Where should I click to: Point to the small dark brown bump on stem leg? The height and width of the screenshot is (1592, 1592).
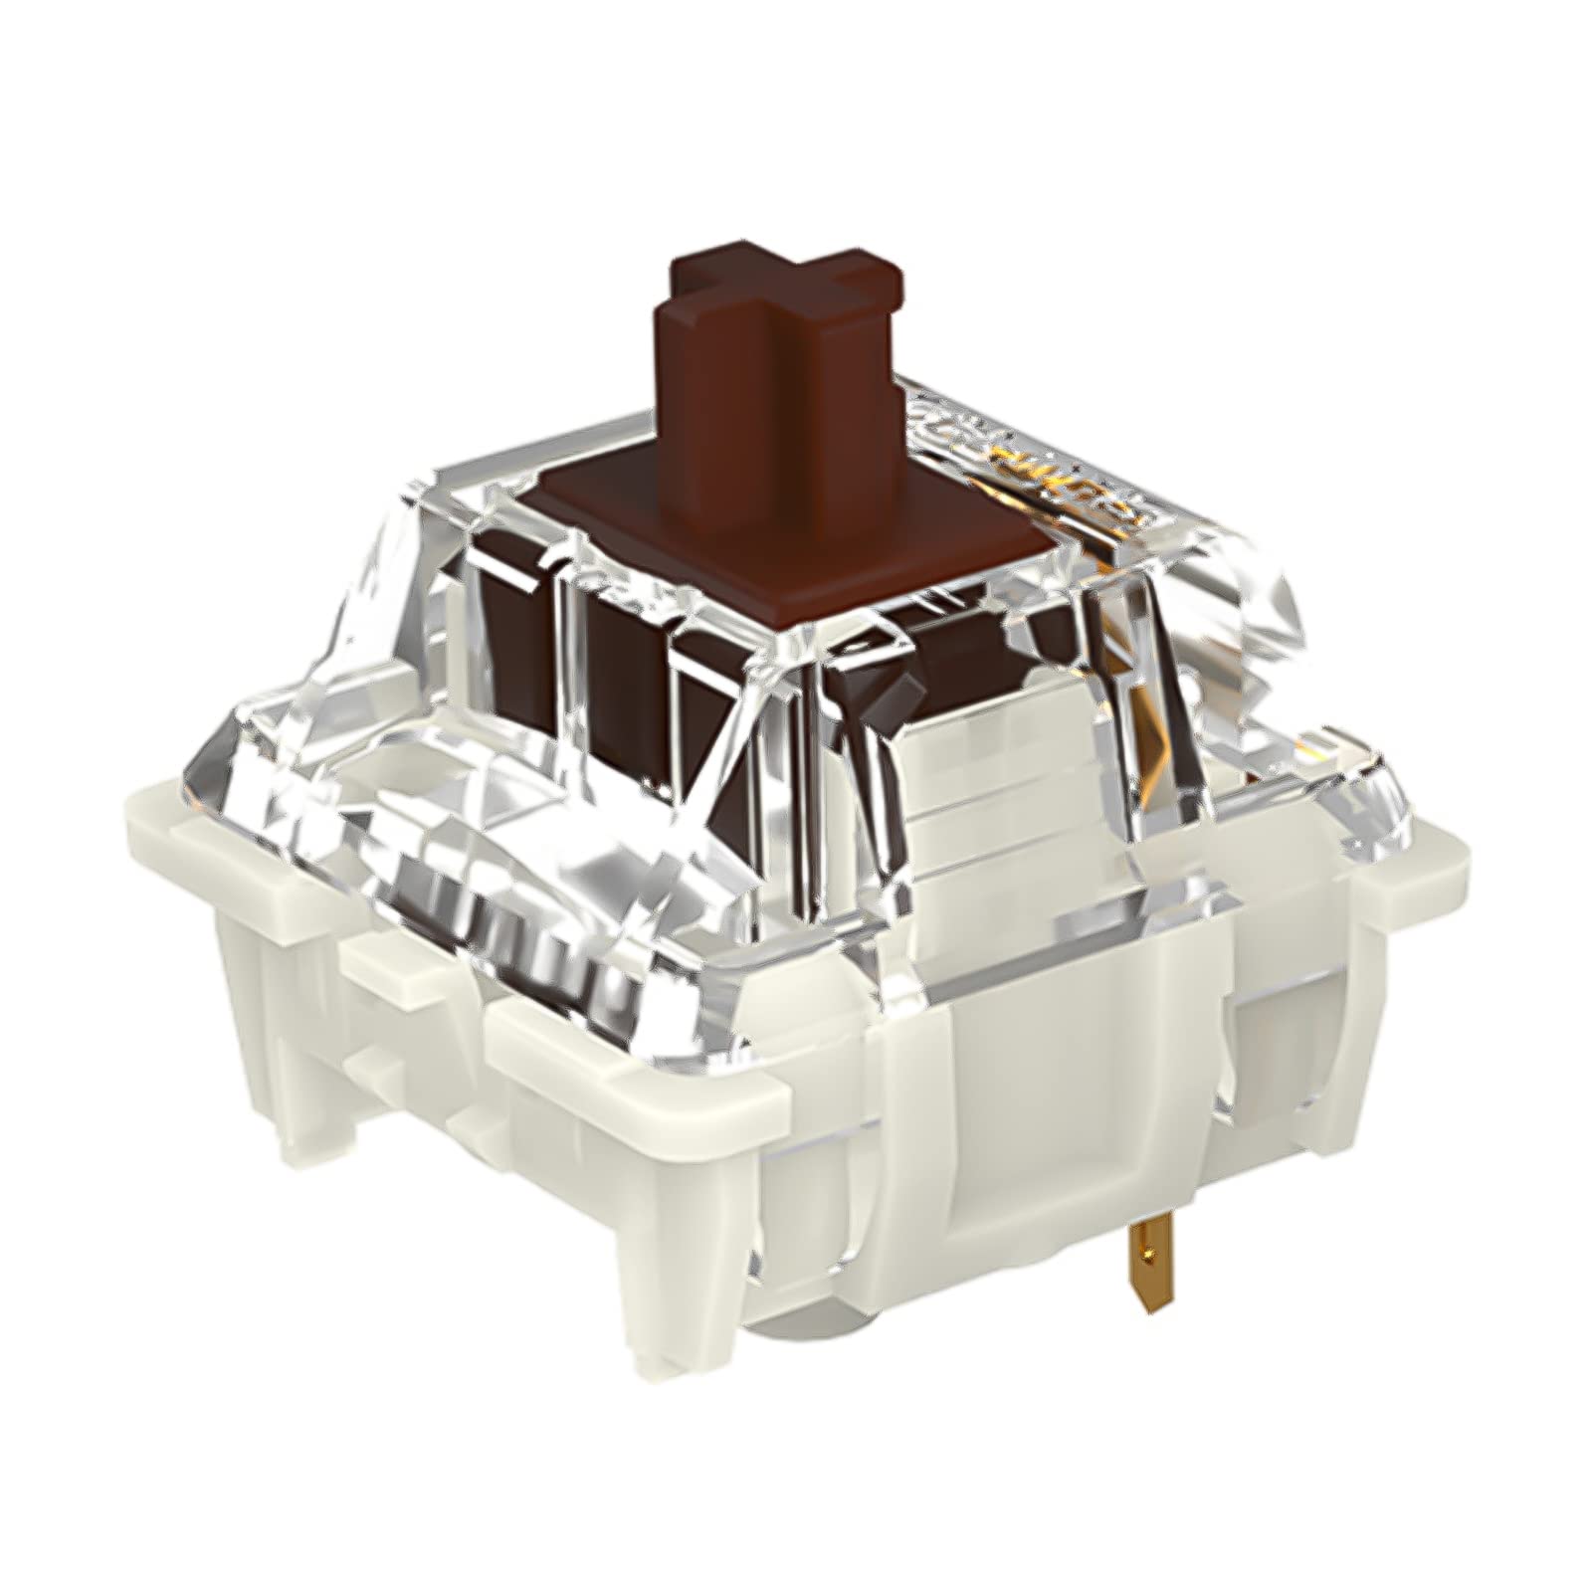point(900,687)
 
